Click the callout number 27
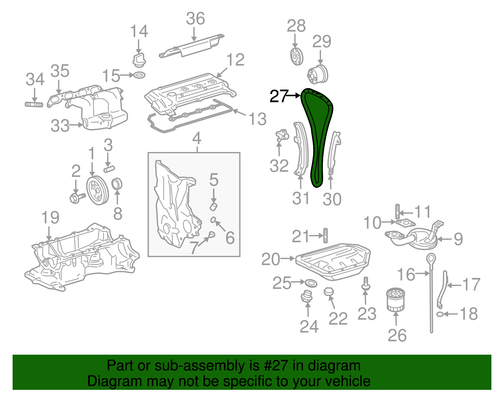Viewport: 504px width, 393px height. (x=279, y=96)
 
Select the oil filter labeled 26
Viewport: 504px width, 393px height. (x=395, y=300)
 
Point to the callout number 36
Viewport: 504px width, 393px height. (x=195, y=19)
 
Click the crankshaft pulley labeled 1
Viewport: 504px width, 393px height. (x=97, y=191)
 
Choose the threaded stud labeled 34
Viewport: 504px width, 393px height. (x=34, y=104)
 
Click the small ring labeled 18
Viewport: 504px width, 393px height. (x=440, y=314)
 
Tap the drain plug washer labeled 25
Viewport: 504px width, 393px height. (x=311, y=283)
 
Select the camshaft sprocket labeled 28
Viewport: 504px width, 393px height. (x=296, y=57)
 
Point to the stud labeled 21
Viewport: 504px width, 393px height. (x=325, y=235)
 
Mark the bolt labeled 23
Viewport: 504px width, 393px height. (x=366, y=283)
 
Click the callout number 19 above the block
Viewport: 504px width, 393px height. (x=50, y=218)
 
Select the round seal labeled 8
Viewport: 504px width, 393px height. (x=117, y=184)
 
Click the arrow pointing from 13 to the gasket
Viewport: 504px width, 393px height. (x=239, y=113)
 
